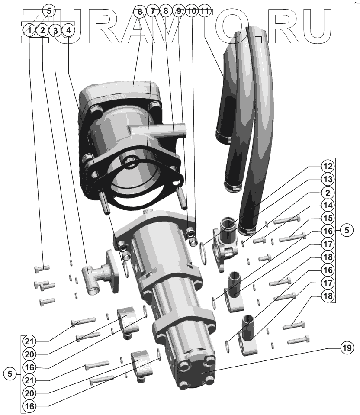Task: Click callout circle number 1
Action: (30, 30)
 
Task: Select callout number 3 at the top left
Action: (55, 30)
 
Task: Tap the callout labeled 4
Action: (68, 30)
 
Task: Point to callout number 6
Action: (140, 11)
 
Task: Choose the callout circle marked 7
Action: (153, 11)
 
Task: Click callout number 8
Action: (166, 11)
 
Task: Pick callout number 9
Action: (179, 11)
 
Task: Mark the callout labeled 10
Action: (192, 11)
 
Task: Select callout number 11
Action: (205, 11)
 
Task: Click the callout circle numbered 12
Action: (328, 166)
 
